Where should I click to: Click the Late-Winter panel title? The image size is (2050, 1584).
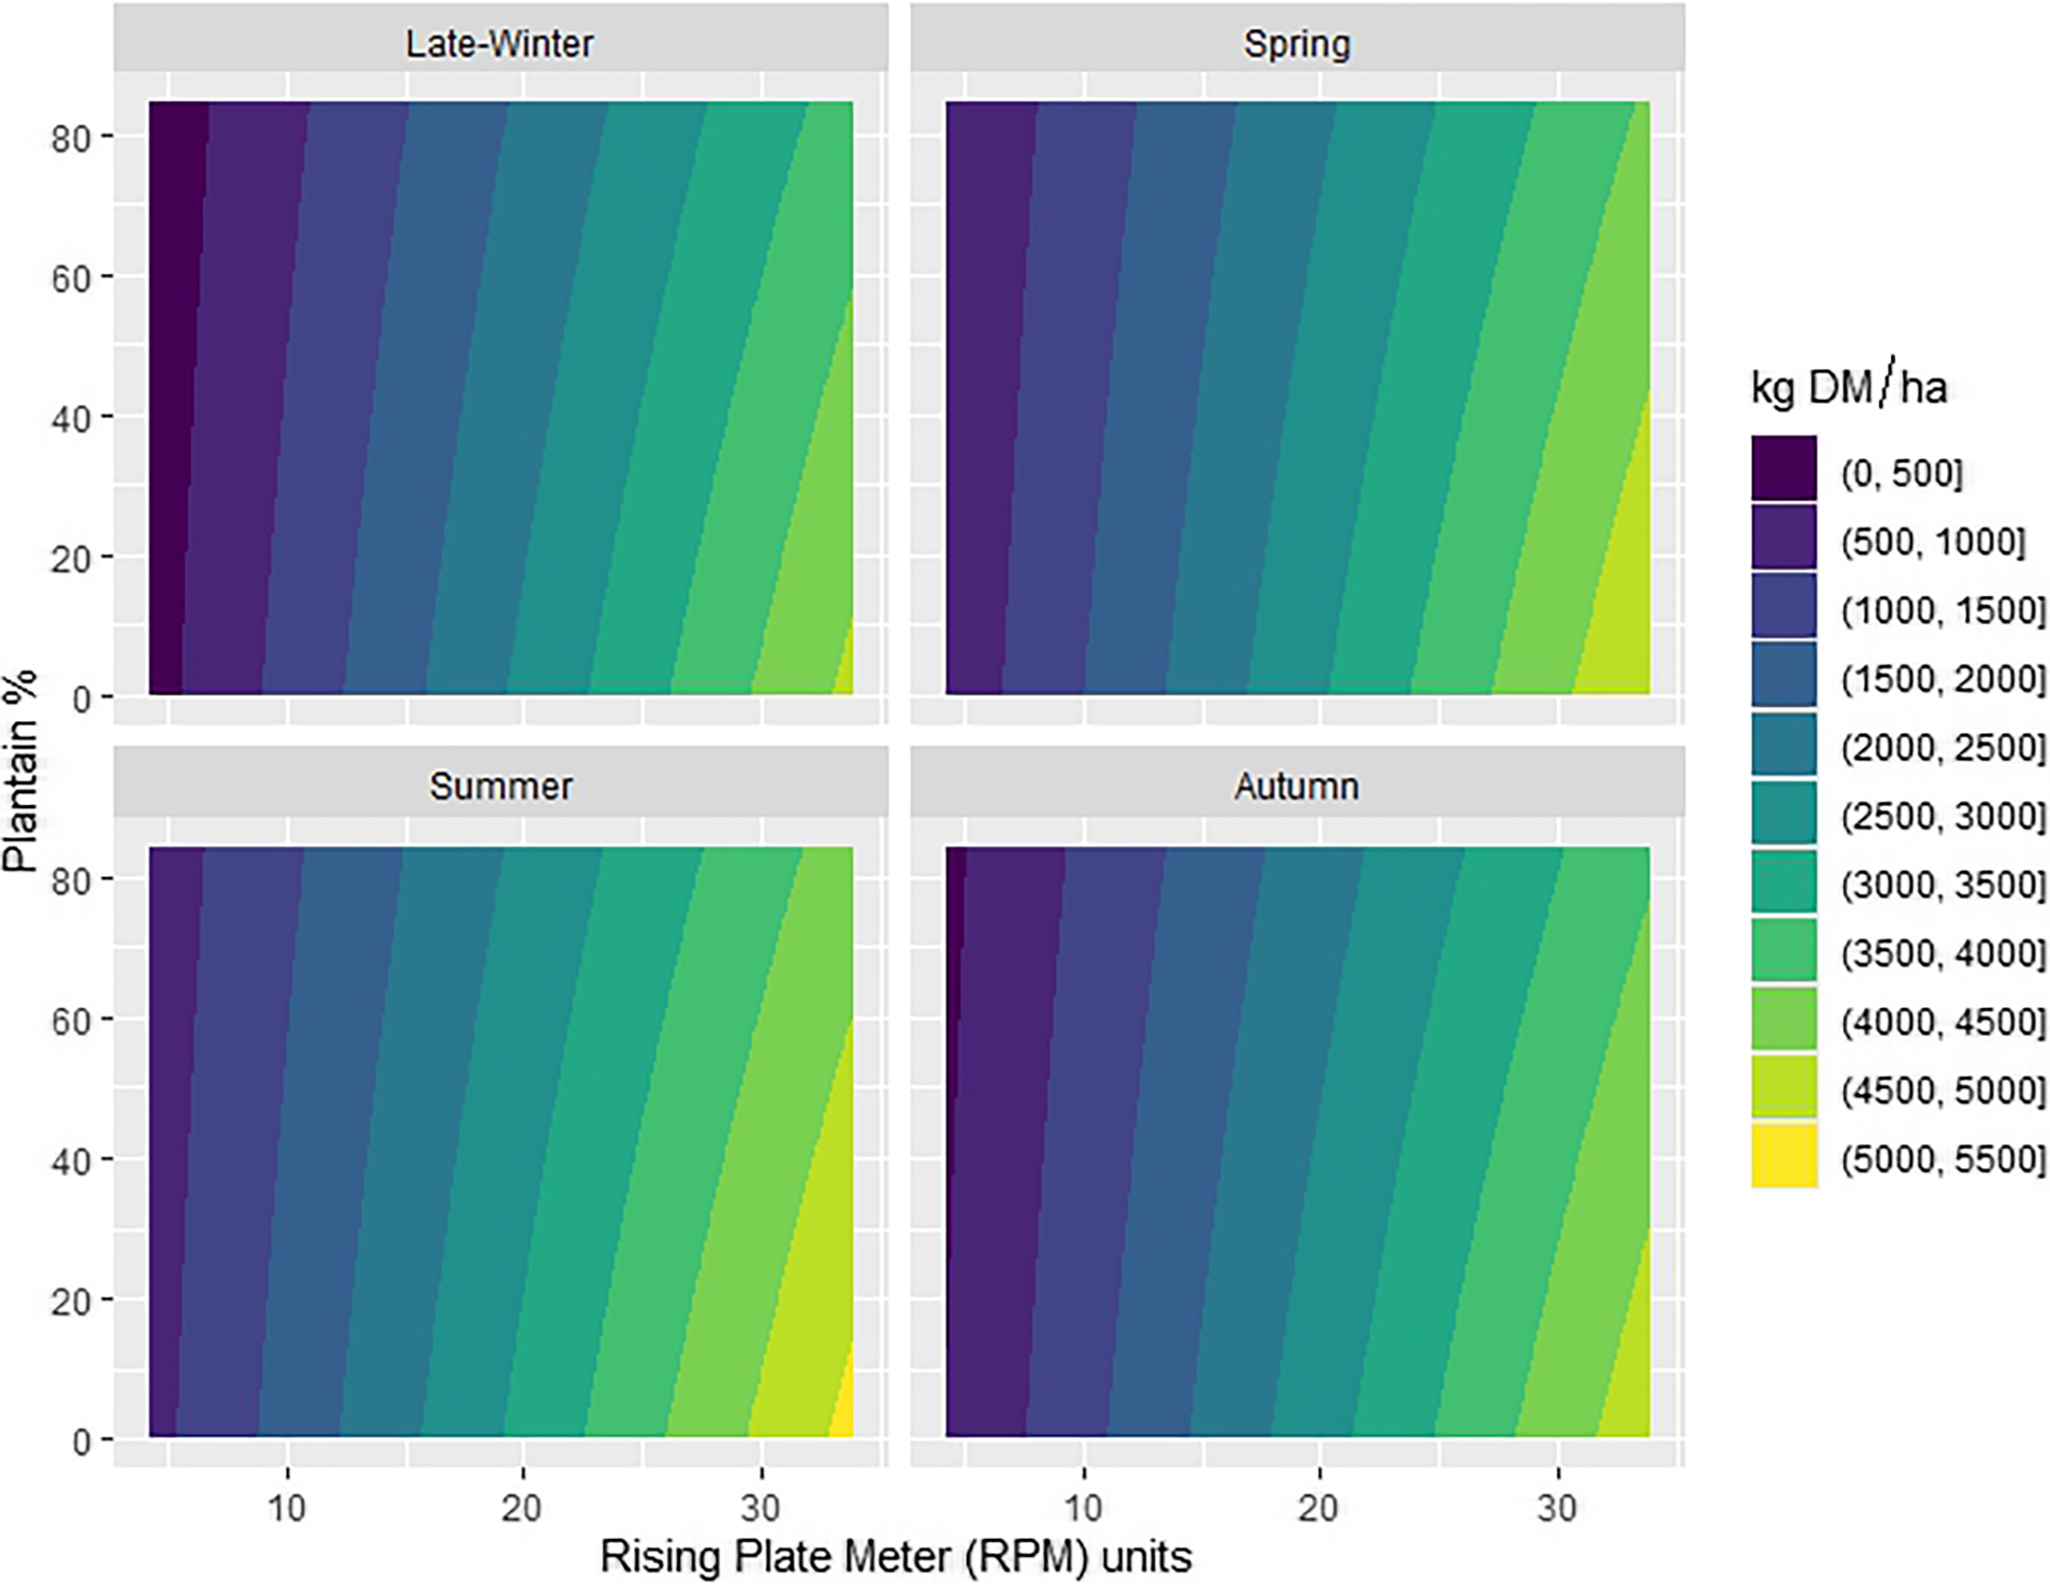[500, 43]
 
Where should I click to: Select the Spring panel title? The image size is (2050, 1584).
[1296, 44]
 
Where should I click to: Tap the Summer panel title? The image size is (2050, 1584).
[501, 785]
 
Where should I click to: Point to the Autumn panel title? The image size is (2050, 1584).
[1296, 785]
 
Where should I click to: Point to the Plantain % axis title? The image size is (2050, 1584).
[21, 770]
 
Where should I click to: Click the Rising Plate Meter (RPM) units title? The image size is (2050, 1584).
[896, 1556]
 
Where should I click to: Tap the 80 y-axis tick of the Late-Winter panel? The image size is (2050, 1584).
[71, 137]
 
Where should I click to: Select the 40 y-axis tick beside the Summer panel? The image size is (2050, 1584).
[71, 1161]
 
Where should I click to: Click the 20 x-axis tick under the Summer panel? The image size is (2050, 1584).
[522, 1508]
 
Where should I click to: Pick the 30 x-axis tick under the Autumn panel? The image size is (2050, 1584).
[1557, 1508]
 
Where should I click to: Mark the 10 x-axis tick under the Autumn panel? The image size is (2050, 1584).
[1083, 1508]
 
